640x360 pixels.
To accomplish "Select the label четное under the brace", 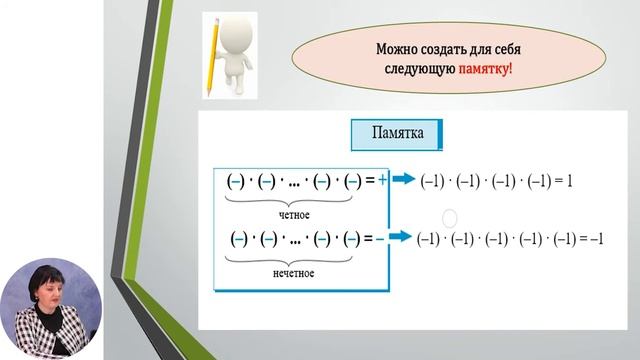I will (294, 214).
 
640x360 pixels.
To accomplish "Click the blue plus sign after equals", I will (381, 180).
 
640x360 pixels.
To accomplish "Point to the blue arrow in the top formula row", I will (402, 180).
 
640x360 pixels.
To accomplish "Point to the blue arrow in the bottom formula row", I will (402, 239).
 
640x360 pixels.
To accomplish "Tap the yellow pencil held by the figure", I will (212, 60).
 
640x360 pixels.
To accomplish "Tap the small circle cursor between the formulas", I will (449, 217).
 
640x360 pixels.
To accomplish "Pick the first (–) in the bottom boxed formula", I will (239, 239).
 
